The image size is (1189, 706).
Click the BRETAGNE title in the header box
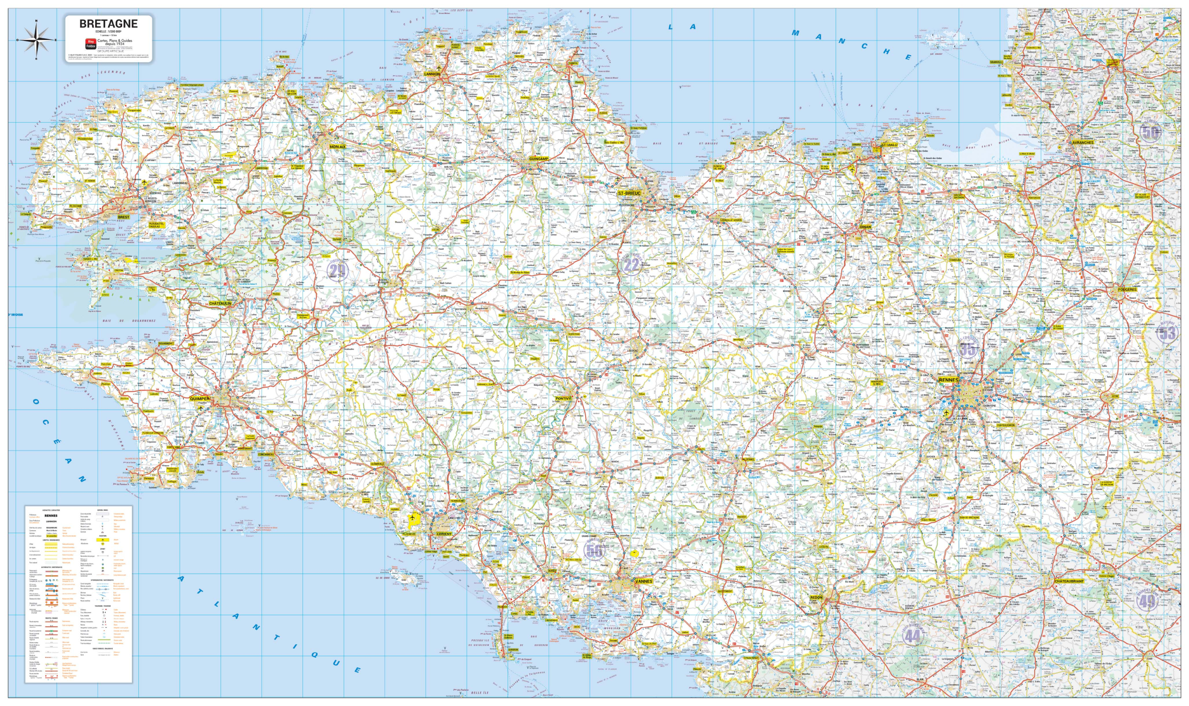coord(108,24)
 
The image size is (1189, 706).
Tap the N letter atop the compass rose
coord(37,21)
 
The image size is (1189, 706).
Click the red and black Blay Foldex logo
coord(90,44)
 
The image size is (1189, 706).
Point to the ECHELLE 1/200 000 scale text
coord(108,32)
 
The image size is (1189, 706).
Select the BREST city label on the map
coord(124,217)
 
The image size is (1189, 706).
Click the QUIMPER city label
coord(199,399)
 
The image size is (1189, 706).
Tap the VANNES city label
coord(644,581)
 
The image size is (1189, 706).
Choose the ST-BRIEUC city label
coord(629,193)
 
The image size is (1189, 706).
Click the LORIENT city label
coord(444,534)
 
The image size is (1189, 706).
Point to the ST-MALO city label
coord(889,145)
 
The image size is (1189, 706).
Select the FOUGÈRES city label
coord(1127,289)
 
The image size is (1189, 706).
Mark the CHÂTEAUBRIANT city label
coord(1069,581)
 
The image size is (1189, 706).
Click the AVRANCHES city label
coord(1083,142)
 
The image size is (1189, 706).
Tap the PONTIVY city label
coord(563,398)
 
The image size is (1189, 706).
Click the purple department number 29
coord(337,271)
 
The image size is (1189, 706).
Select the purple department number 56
coord(594,551)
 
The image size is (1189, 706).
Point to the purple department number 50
coord(1150,133)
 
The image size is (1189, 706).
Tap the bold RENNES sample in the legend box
coord(51,516)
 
